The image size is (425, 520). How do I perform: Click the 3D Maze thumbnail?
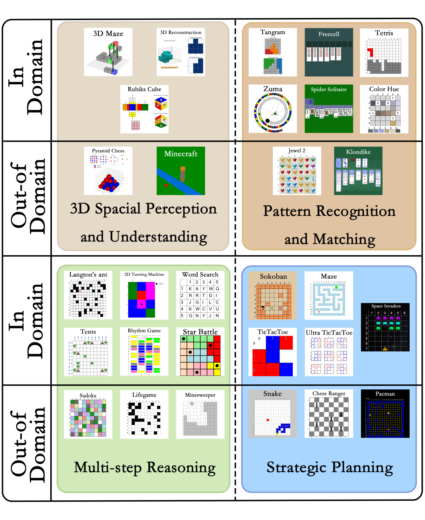click(x=108, y=52)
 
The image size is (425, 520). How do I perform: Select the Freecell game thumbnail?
click(x=329, y=52)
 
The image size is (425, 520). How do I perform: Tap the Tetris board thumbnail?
click(x=384, y=52)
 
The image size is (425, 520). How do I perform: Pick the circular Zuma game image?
click(x=273, y=109)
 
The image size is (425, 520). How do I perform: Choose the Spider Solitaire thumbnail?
click(x=329, y=109)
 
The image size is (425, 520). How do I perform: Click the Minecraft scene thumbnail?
click(x=181, y=171)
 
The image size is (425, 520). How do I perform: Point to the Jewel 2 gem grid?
click(x=297, y=171)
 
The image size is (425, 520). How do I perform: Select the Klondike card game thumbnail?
click(x=358, y=171)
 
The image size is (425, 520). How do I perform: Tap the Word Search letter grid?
click(x=200, y=295)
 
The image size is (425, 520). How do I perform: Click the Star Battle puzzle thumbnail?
click(x=200, y=352)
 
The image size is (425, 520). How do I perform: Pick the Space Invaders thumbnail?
click(x=385, y=327)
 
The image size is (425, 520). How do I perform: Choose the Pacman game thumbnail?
click(x=385, y=414)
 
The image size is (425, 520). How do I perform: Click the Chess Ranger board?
click(x=329, y=414)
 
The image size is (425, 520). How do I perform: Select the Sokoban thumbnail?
click(x=273, y=295)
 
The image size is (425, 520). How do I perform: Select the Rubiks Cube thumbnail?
click(x=144, y=109)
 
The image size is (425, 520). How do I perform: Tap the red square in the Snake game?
click(x=268, y=420)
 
